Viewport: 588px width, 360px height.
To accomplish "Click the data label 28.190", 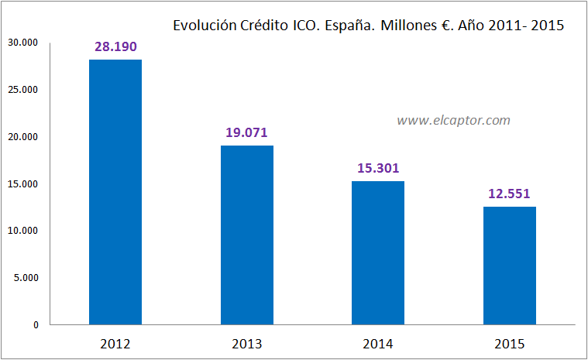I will click(x=115, y=47).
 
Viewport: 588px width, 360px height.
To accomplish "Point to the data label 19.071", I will click(x=246, y=132).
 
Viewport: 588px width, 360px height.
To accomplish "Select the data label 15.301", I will click(x=378, y=168).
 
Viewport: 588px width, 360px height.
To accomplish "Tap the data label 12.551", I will click(x=509, y=194).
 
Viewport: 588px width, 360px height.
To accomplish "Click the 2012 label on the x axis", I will click(x=115, y=343).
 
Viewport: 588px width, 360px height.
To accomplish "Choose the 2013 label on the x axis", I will click(x=246, y=343).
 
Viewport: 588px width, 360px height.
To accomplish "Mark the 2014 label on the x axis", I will click(x=378, y=343).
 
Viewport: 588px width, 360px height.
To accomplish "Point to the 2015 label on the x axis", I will click(x=509, y=343).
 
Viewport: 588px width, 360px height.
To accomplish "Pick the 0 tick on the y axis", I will click(x=36, y=325).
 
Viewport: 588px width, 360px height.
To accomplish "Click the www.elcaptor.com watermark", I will click(x=453, y=120).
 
